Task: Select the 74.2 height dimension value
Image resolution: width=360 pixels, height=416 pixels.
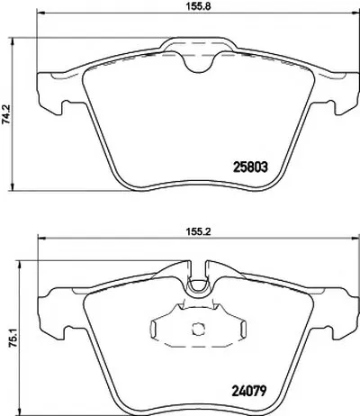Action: pos(6,113)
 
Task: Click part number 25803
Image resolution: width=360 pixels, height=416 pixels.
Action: pos(250,167)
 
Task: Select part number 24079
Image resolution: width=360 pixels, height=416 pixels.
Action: pos(249,391)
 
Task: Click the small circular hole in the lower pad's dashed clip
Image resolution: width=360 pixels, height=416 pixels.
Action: pos(197,329)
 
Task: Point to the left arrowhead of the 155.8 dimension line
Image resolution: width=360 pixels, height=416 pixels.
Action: pos(40,13)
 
